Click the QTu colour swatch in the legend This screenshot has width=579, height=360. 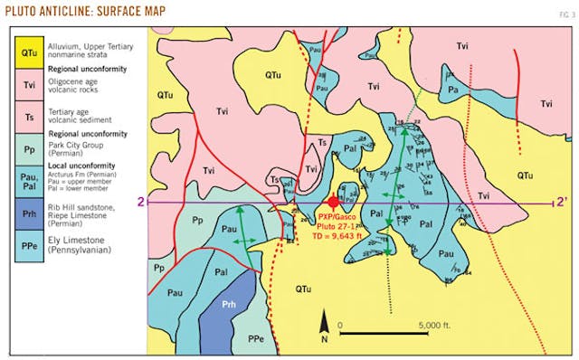28,52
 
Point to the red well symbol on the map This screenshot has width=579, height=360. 334,202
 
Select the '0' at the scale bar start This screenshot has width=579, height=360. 340,324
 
